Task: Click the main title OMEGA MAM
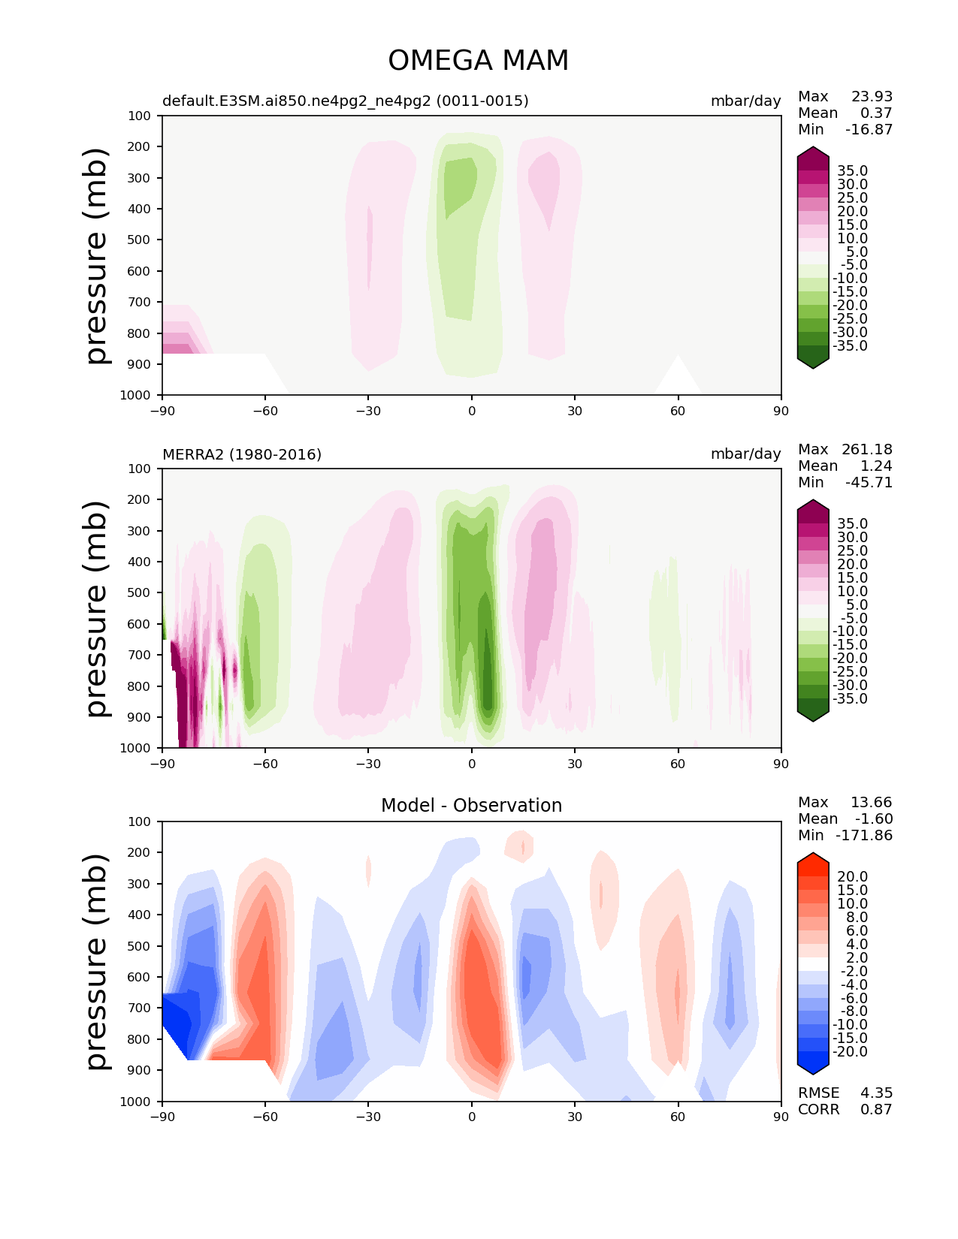click(x=478, y=61)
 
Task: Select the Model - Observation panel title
click(x=471, y=806)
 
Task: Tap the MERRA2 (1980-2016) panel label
click(x=242, y=454)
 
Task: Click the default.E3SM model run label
click(x=346, y=101)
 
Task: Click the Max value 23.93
click(x=872, y=97)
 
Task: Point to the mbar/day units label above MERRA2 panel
click(x=745, y=454)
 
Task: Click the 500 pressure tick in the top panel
click(x=139, y=240)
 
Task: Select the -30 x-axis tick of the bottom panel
click(x=367, y=1117)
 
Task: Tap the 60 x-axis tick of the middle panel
click(x=678, y=764)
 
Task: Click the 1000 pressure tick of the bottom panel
click(x=135, y=1102)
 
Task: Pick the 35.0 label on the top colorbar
click(x=852, y=171)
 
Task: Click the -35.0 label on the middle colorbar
click(x=850, y=699)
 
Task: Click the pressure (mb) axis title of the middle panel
click(x=98, y=608)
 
